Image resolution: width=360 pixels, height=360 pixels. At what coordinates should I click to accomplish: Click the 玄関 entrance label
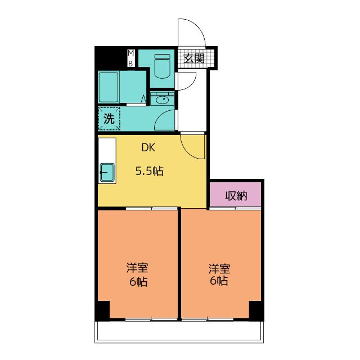(194, 58)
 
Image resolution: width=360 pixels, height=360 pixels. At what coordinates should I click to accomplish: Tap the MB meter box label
(131, 58)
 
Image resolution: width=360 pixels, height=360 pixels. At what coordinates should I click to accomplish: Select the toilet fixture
(163, 66)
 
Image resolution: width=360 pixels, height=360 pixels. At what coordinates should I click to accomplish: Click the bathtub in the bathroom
(109, 87)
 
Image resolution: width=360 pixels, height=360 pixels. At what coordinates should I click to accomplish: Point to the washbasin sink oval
(163, 100)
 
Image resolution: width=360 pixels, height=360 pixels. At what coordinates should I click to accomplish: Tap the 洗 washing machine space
(109, 119)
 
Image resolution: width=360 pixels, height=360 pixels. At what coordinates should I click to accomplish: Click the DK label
(148, 147)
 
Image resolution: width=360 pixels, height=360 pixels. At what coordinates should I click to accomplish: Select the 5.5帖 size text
(150, 171)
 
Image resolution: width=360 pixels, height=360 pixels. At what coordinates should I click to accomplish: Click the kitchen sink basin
(107, 172)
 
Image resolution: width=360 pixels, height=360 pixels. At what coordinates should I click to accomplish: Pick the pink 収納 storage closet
(235, 195)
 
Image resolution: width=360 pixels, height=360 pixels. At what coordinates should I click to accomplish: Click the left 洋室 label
(137, 268)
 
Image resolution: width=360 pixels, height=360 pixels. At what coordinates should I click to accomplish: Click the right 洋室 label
(219, 268)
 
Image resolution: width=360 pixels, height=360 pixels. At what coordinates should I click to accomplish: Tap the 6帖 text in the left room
(138, 281)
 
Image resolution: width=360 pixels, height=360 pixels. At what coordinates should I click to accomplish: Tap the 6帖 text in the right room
(219, 281)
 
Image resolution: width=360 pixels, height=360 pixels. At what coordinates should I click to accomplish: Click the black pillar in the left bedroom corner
(102, 310)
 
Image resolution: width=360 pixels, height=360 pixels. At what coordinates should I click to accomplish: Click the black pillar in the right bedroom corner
(256, 310)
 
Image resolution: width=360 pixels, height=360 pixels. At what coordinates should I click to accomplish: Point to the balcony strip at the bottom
(179, 332)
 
